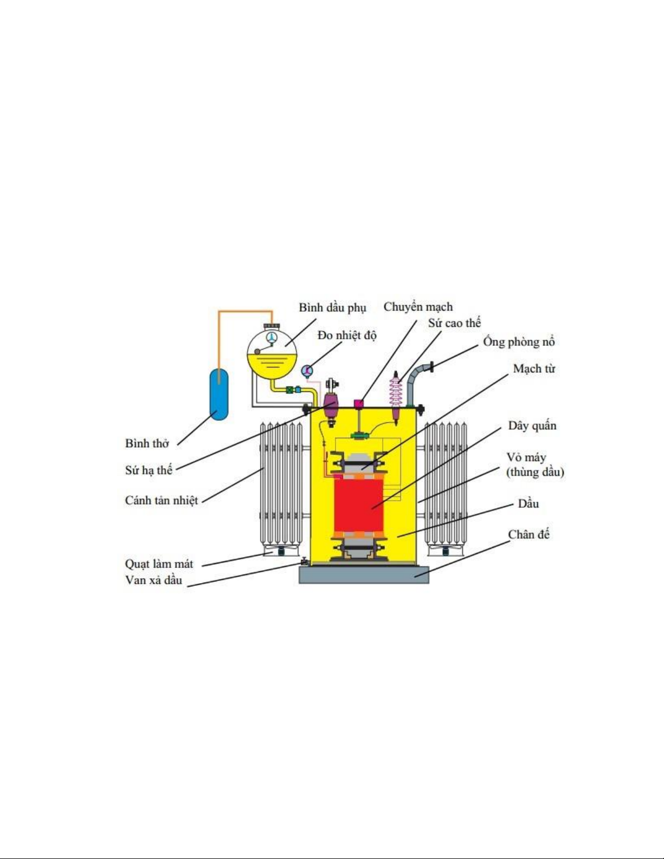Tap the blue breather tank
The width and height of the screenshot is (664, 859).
click(218, 394)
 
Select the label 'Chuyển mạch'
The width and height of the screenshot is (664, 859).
click(418, 307)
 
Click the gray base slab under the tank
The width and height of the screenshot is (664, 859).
click(364, 575)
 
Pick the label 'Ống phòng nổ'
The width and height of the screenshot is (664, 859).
click(519, 341)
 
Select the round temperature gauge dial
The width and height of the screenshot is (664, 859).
click(307, 371)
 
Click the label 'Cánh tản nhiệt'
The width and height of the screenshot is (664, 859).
click(162, 500)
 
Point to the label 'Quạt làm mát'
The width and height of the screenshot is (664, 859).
click(159, 564)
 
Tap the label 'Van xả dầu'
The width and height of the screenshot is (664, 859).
click(154, 580)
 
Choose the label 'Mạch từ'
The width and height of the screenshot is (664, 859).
click(534, 369)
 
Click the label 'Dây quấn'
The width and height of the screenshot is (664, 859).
click(532, 426)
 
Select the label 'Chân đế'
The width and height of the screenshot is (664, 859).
click(528, 534)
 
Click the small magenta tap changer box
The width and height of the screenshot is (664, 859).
click(358, 404)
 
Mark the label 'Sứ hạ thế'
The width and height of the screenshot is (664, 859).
click(149, 470)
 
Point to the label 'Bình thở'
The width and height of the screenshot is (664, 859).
click(147, 443)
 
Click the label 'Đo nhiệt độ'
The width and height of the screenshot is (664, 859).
click(347, 335)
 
